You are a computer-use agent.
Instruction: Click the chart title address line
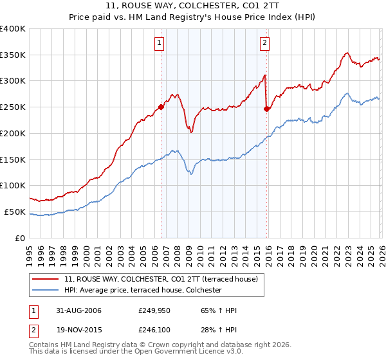click(x=193, y=6)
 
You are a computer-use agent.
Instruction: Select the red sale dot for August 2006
click(x=161, y=107)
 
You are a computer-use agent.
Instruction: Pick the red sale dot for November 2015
click(x=266, y=109)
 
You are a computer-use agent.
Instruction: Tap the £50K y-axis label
click(x=15, y=212)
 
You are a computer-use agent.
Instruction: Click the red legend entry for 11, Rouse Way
click(x=161, y=279)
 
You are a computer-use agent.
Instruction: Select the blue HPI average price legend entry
click(x=142, y=290)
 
